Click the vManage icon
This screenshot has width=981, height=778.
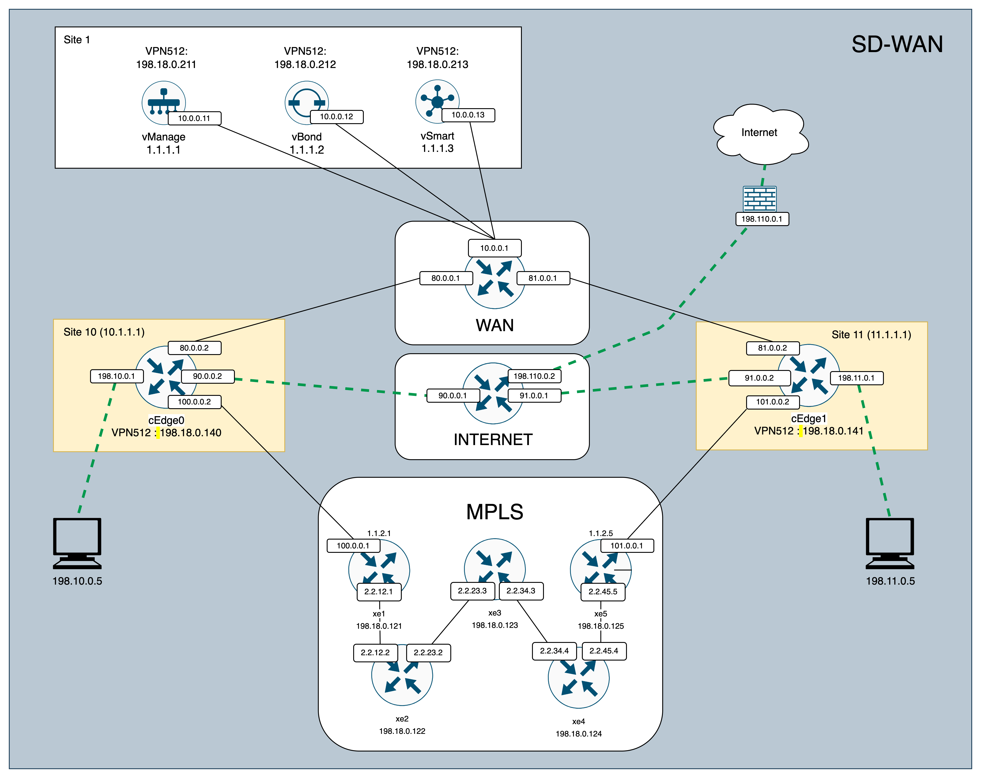click(163, 102)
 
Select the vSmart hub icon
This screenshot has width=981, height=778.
click(437, 101)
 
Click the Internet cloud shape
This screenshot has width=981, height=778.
click(759, 133)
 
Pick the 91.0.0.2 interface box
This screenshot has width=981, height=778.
click(759, 378)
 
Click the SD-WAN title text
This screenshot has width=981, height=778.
click(897, 45)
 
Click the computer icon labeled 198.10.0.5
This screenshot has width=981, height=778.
click(77, 543)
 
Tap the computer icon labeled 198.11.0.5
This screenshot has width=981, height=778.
click(890, 543)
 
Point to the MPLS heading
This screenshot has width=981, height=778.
click(495, 512)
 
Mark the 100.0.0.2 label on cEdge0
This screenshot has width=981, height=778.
click(194, 402)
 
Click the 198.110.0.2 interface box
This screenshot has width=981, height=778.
click(534, 376)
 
